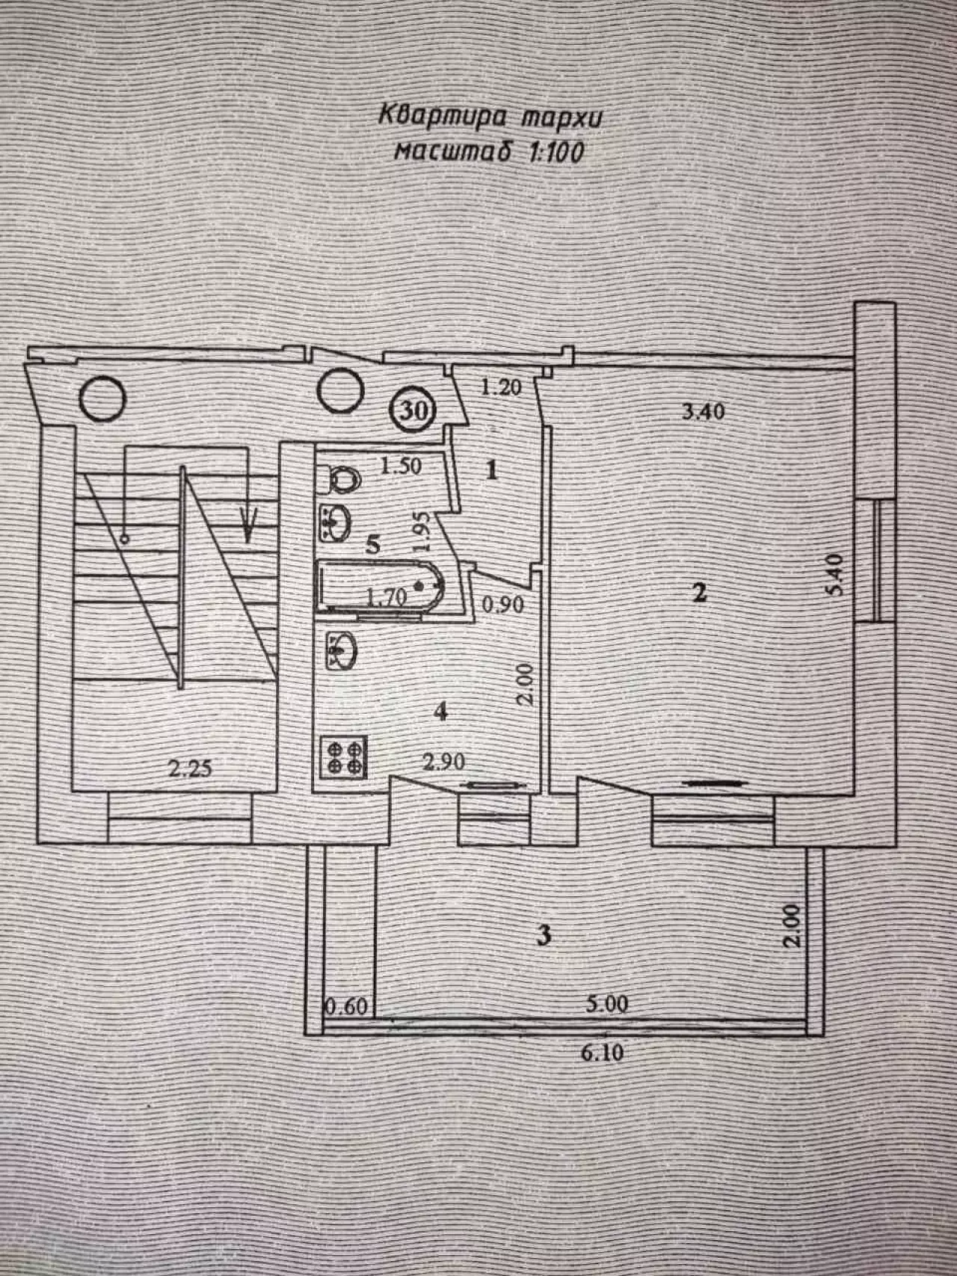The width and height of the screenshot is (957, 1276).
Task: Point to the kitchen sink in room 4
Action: click(342, 648)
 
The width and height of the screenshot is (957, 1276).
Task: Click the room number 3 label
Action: click(545, 934)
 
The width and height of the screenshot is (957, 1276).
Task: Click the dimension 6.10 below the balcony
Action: click(602, 1052)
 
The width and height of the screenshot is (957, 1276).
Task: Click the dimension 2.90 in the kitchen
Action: click(444, 762)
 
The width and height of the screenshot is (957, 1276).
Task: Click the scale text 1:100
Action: click(556, 152)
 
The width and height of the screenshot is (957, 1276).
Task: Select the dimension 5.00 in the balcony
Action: click(606, 1003)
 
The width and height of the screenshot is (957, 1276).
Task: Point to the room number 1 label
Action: click(492, 471)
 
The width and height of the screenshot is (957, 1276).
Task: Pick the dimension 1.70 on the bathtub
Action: click(387, 597)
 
